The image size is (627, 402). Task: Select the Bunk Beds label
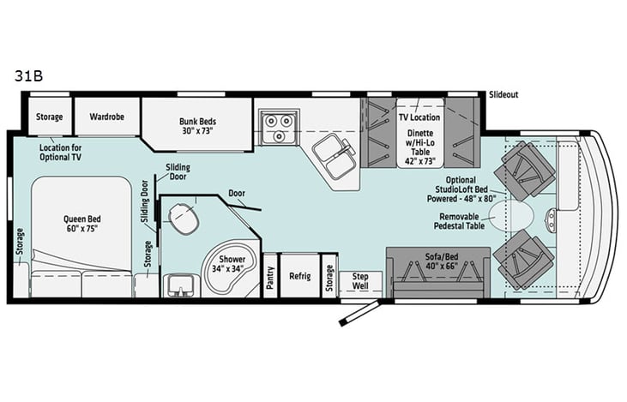point(196,126)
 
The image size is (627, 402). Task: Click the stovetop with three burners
point(278,128)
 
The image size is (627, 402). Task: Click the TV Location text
point(419,117)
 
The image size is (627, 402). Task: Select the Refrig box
point(299,276)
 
